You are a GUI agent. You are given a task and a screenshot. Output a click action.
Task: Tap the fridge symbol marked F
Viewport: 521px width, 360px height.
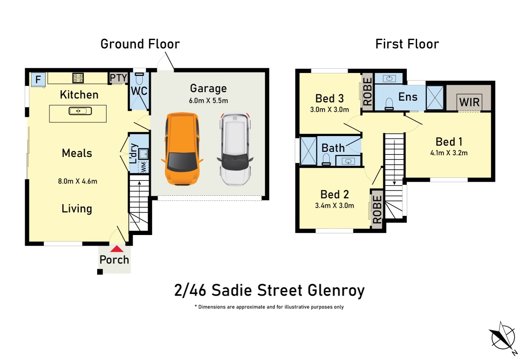point(38,79)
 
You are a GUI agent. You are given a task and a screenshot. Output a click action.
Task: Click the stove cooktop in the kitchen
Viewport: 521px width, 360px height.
point(78,78)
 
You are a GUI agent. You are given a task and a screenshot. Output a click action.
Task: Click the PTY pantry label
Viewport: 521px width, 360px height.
point(119,78)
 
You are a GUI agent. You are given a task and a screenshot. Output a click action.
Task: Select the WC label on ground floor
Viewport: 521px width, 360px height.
point(139,91)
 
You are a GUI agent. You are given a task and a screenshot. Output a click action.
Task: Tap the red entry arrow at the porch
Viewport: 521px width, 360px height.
point(117,249)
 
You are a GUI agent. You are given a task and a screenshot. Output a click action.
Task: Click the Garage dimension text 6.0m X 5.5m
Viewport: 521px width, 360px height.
point(209,101)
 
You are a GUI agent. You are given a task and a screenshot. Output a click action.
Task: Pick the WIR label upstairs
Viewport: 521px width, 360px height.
point(469,102)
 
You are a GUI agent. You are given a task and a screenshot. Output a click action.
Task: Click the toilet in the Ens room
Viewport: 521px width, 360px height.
point(389,105)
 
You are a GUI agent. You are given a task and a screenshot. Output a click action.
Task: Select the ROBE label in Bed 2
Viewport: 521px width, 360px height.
point(377,209)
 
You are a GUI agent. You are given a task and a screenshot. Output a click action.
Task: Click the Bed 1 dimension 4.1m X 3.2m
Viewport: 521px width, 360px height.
point(449,153)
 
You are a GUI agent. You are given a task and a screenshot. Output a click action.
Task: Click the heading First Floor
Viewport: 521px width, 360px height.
point(407,44)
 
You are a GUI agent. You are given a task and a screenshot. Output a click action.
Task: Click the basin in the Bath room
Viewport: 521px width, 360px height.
point(349,161)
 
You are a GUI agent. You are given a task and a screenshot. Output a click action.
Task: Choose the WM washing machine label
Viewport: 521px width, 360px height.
point(144,167)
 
